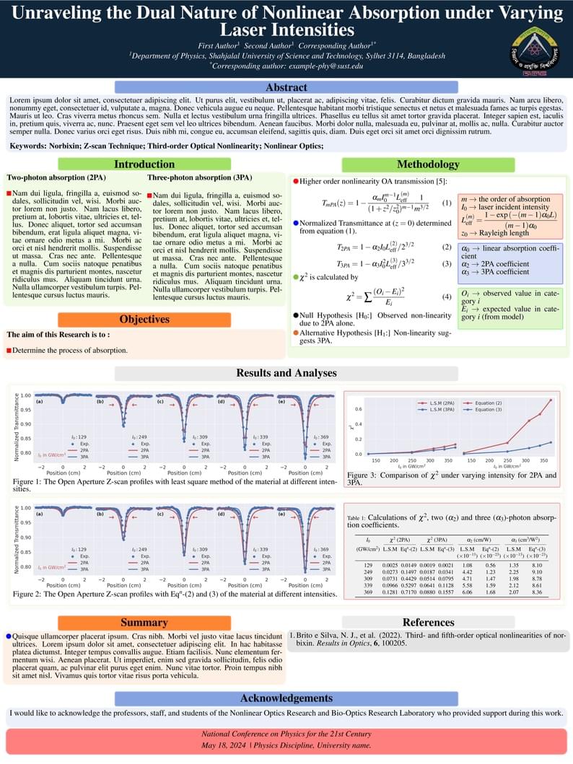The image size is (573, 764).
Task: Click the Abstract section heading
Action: pos(286,87)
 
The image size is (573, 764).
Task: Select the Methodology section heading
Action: pos(428,164)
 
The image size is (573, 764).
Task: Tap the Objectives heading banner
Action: pos(144,319)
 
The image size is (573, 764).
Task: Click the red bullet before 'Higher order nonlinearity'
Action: pos(296,180)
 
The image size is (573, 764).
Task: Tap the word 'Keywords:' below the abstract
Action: pos(30,146)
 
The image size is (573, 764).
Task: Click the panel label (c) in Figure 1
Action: pos(159,401)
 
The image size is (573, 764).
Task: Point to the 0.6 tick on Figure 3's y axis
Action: pos(358,409)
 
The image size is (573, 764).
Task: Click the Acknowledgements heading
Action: pos(286,698)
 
